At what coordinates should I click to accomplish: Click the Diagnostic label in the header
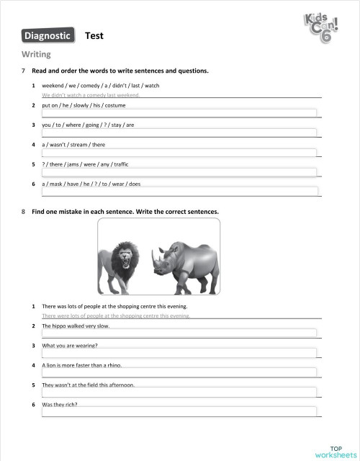(48, 35)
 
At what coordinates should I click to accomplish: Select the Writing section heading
(36, 54)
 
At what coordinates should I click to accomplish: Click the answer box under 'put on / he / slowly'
(179, 112)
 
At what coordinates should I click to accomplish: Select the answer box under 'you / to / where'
(179, 133)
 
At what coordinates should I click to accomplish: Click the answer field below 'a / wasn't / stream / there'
(179, 152)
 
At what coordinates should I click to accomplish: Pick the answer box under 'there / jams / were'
(179, 171)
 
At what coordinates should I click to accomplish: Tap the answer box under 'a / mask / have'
(179, 191)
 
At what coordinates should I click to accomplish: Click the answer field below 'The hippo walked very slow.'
(179, 333)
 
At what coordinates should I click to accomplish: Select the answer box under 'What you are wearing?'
(179, 352)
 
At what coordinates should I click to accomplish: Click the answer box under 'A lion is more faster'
(179, 372)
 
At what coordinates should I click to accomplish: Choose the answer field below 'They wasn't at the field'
(179, 391)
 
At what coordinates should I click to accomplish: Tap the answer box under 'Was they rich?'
(179, 411)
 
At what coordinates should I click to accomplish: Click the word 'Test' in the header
(94, 35)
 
